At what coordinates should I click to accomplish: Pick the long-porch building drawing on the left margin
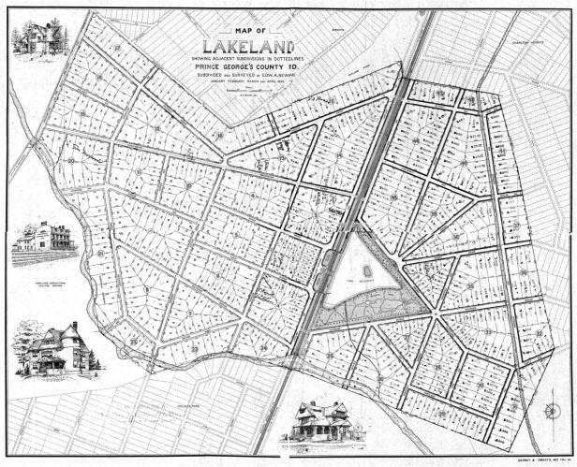(x=43, y=240)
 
